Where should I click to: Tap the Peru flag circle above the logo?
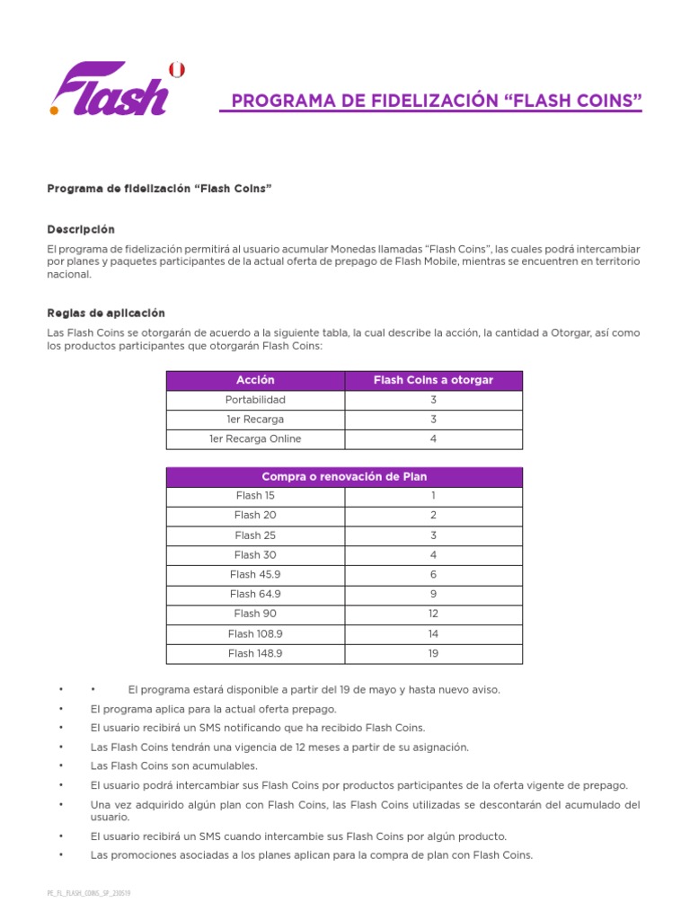(x=177, y=69)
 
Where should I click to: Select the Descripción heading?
(x=81, y=230)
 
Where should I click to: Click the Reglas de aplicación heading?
(x=106, y=314)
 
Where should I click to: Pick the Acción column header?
(x=255, y=381)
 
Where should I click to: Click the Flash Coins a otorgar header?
(x=433, y=381)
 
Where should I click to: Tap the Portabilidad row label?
(x=255, y=400)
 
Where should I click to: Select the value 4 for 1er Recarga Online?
(x=433, y=439)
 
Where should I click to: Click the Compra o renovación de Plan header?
(x=344, y=477)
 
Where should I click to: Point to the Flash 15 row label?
(x=255, y=496)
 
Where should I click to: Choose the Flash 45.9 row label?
(x=255, y=574)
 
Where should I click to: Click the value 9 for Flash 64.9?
(x=433, y=594)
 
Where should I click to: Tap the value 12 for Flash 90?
(x=433, y=614)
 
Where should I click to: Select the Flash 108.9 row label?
(x=255, y=633)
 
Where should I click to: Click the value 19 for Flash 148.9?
(x=433, y=653)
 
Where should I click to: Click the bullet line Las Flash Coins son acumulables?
(x=174, y=766)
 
